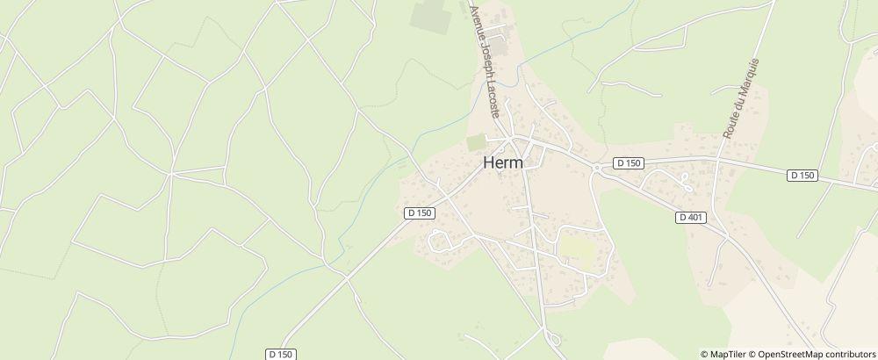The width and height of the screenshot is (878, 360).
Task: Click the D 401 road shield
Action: (x=692, y=217)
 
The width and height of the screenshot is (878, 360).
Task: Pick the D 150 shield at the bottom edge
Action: (x=281, y=354)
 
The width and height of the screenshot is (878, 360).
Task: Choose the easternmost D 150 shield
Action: (x=802, y=176)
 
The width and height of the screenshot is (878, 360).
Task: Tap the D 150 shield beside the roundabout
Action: (x=630, y=162)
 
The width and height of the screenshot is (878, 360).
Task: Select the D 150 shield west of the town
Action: (x=420, y=212)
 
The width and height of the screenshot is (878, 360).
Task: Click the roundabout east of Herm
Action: (x=596, y=167)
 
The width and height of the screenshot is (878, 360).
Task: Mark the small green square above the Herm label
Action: (x=475, y=142)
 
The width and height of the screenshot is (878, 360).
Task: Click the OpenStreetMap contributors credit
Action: (x=813, y=354)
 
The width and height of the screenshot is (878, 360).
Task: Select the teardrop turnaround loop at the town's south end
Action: (x=551, y=338)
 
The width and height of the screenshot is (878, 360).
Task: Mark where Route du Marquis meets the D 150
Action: (x=717, y=162)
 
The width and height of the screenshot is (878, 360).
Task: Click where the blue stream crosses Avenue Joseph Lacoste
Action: (x=517, y=68)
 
